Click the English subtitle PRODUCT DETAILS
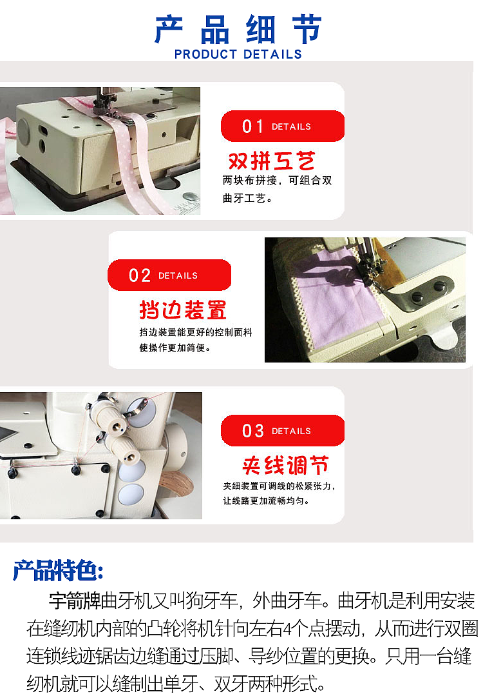coord(238,54)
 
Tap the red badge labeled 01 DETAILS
coord(282,126)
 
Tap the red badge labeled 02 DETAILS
coord(169,275)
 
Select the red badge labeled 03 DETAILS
coord(282,431)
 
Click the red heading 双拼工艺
coord(272,161)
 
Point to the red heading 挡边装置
coord(183,310)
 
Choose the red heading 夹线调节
coord(285,465)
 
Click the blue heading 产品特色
coord(58,570)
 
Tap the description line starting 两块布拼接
coord(278,181)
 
